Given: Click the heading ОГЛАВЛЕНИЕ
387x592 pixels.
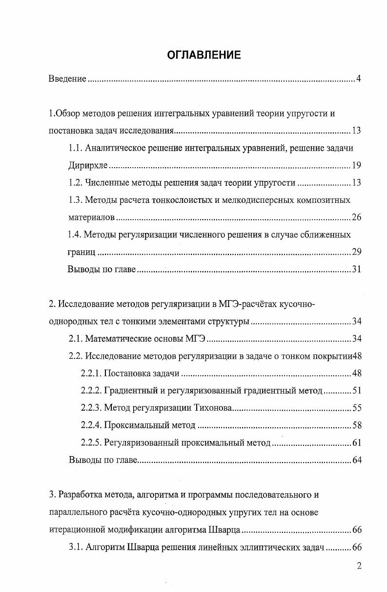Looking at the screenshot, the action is pos(204,55).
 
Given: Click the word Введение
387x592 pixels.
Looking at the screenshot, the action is pos(67,79).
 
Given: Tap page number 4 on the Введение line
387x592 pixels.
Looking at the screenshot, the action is pos(358,79).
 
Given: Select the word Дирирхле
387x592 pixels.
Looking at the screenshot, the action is pos(87,166).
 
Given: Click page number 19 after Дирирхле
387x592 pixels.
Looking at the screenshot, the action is pos(356,166).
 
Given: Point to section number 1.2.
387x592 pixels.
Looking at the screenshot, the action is pos(75,183).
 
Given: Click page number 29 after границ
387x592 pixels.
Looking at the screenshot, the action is pos(356,252).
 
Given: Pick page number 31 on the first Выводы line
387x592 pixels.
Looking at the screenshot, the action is pos(356,269).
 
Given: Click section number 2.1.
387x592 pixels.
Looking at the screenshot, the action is pos(76,339).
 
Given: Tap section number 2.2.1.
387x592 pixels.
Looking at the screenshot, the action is pos(91,373).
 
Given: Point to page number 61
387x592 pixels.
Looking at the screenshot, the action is pos(356,443).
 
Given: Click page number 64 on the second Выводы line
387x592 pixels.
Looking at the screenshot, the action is pos(356,460).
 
